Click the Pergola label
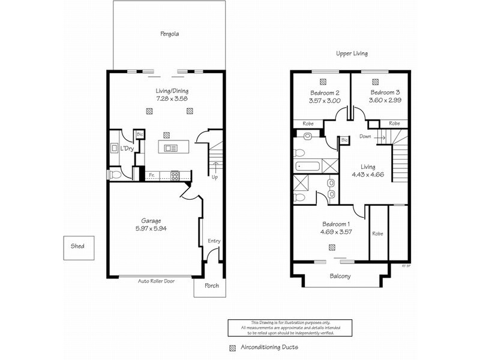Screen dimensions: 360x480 coord(169,34)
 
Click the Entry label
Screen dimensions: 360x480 coord(214,241)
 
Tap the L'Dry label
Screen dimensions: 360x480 coord(127,148)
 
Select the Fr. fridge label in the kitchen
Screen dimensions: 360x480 coord(152,176)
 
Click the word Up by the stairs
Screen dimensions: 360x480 coord(214,177)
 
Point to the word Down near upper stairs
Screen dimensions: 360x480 coord(365,137)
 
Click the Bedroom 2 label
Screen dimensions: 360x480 coord(325,93)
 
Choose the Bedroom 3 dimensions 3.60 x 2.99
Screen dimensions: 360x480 coord(385,101)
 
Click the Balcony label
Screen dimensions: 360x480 coord(340,277)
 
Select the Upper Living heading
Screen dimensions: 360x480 coord(352,53)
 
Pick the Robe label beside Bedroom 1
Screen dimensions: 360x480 coord(377,233)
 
